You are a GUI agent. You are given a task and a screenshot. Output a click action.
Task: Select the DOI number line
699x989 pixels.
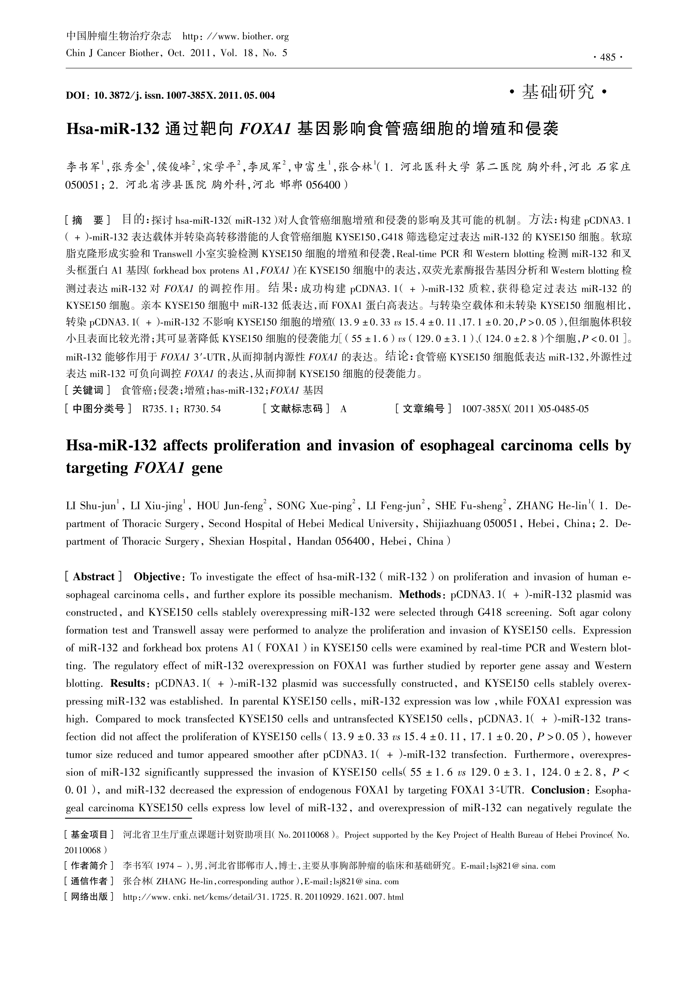pos(170,95)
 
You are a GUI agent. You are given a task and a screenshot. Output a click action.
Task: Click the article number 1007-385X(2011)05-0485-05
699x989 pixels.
pos(525,409)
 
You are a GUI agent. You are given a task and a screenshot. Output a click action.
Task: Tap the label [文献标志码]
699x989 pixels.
pos(297,409)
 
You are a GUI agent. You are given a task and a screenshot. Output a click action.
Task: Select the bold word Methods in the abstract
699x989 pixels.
pos(419,594)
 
